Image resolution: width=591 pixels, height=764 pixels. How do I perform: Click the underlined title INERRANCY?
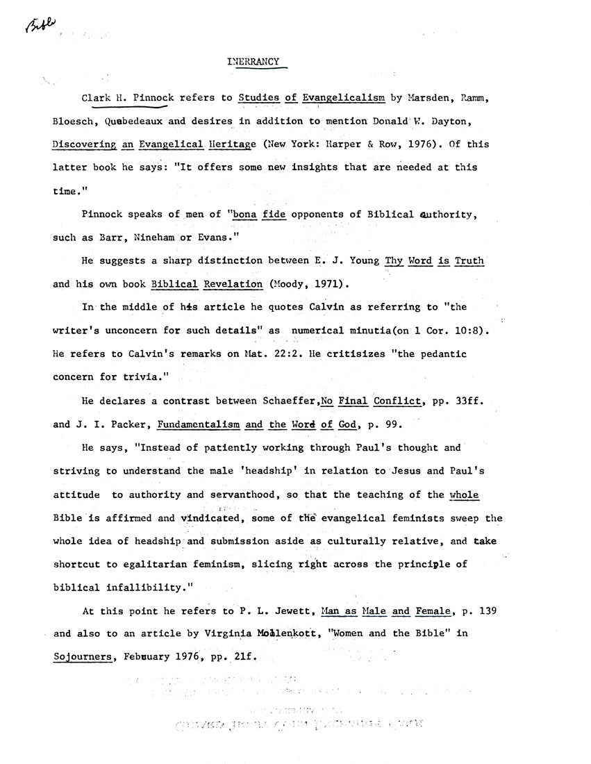tap(253, 61)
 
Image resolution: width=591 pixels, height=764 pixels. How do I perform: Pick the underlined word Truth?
tap(469, 260)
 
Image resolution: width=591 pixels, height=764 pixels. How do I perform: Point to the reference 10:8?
tap(476, 331)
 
